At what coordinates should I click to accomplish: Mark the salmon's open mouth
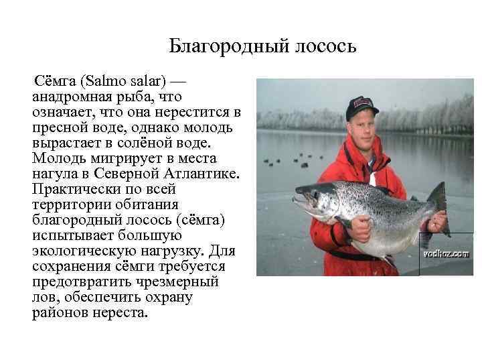click(x=301, y=202)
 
